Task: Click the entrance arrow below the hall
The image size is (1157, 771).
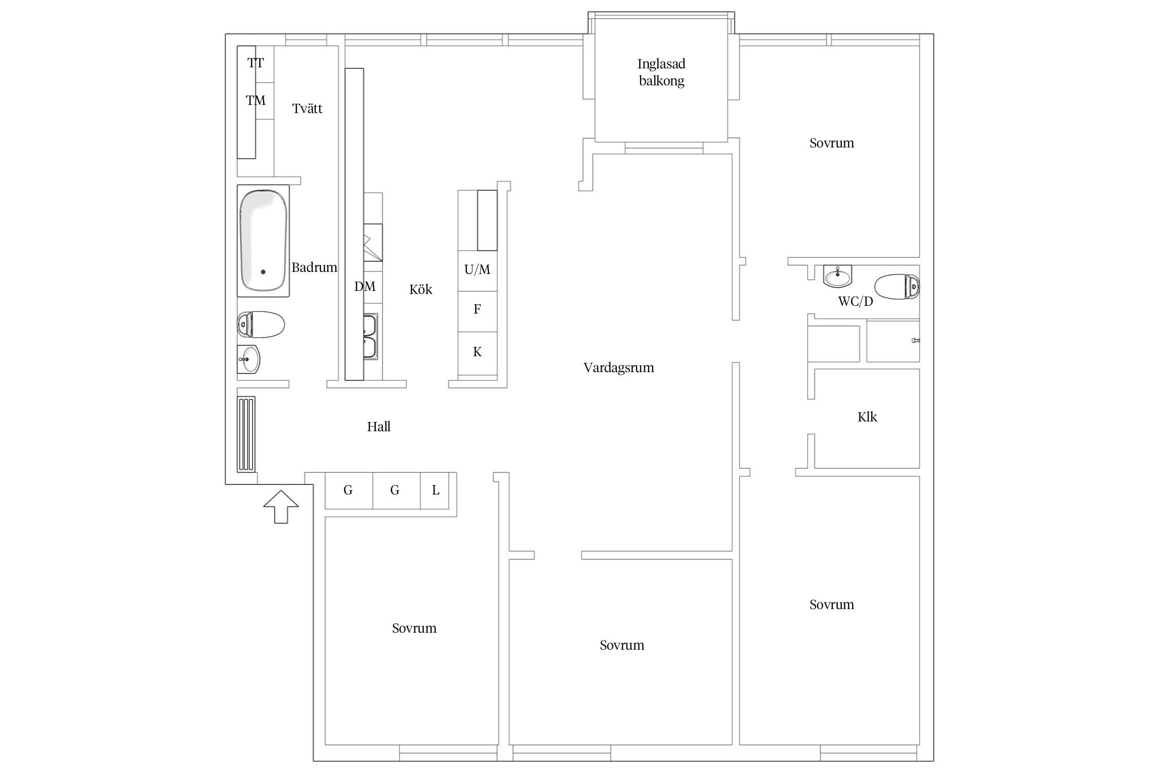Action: pos(281,507)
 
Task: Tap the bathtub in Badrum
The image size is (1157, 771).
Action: pos(263,241)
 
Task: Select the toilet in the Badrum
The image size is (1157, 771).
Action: pos(261,324)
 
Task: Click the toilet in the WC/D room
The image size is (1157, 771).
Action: pos(897,287)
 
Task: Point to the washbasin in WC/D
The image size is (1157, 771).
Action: pos(837,276)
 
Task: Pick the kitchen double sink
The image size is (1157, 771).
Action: pos(370,337)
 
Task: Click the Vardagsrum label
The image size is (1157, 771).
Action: pos(619,368)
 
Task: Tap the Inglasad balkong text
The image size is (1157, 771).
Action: pos(661,72)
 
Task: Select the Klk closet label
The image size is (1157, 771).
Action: pos(867,417)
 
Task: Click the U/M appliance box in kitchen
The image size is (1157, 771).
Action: pos(478,271)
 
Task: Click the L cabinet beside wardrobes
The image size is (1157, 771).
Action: pos(435,490)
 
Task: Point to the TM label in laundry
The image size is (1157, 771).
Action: pos(256,100)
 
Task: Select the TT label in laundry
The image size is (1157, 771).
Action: pos(256,63)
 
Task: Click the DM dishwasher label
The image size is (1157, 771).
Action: pos(365,286)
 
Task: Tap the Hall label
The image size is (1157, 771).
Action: pos(378,427)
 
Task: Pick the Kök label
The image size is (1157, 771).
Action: pos(421,289)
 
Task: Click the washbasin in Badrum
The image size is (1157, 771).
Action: pos(249,359)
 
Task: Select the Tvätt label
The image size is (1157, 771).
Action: pos(307,108)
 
